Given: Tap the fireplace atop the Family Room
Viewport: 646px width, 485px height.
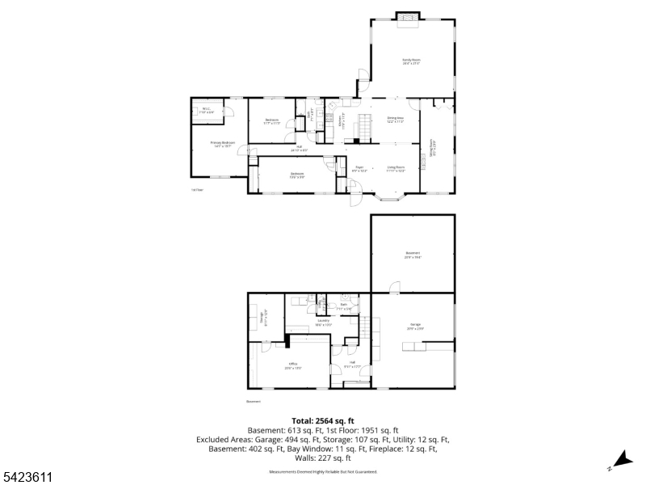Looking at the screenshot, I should (409, 18).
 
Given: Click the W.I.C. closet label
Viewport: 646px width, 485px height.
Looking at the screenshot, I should (207, 111).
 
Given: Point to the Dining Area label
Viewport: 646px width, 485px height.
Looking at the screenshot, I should (396, 120).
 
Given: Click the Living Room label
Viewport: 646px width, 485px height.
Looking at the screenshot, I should (396, 169).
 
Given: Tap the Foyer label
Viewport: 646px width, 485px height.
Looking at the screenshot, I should (359, 169).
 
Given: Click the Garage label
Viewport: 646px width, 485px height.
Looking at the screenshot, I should (413, 326).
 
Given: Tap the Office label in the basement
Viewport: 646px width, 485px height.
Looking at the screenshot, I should (293, 365).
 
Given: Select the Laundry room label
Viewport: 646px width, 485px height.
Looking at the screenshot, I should (323, 323).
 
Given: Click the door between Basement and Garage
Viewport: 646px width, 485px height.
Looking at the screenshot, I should (394, 288).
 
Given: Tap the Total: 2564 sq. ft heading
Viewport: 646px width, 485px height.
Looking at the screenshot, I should (323, 421).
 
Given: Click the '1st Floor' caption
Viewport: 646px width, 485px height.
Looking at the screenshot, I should (197, 190).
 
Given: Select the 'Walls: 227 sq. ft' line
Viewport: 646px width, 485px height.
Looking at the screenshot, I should (323, 458).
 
